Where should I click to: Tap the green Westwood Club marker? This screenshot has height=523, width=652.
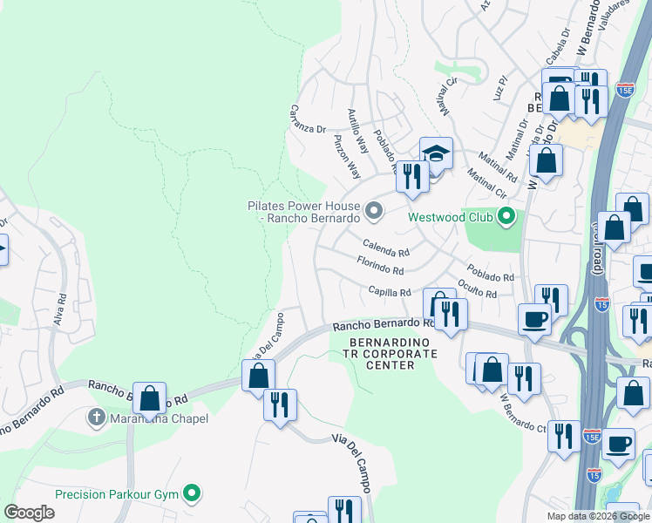coord(505,216)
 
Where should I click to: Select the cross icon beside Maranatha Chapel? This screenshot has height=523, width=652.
coord(98,418)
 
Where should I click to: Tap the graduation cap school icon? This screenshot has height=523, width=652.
coord(436,154)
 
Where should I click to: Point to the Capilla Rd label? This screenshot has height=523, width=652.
coord(389,292)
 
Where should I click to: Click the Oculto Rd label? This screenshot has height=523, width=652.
coord(477,289)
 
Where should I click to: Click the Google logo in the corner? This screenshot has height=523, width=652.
coord(30,513)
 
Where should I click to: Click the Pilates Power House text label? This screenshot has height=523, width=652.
coord(303,212)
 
